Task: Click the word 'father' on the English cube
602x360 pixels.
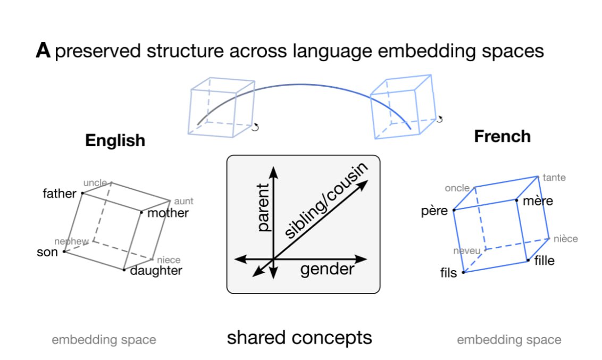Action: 59,194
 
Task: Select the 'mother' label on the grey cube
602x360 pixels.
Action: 168,213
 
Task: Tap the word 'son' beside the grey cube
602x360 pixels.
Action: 47,252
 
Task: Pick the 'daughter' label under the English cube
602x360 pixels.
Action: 156,271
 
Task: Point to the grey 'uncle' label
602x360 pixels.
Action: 95,183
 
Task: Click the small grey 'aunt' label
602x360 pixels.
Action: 183,202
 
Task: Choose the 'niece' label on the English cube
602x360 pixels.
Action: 169,260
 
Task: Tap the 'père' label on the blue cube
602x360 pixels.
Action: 434,211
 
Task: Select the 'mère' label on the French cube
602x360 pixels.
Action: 538,201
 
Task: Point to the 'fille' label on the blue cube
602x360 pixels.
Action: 544,261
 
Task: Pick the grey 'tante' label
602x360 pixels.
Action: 554,178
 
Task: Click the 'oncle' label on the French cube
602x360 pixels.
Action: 457,188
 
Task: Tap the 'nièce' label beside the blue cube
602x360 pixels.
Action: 565,239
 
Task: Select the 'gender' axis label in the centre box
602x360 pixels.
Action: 327,270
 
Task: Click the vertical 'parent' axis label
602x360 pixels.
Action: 263,207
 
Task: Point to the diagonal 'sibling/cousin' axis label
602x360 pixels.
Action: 326,201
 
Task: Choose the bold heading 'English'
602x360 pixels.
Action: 115,140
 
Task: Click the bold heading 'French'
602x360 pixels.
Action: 502,136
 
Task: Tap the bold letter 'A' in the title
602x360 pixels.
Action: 43,51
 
